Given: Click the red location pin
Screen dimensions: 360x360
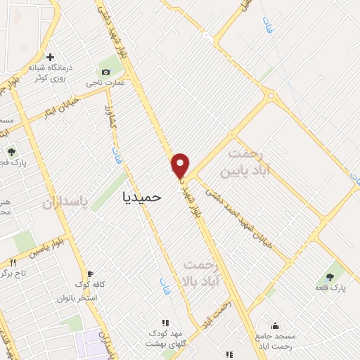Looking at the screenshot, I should click(181, 165).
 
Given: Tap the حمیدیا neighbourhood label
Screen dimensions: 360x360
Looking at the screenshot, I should click(142, 197).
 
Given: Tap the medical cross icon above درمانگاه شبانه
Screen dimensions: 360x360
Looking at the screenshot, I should click(50, 58).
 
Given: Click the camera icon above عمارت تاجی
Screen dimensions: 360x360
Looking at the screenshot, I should click(105, 72).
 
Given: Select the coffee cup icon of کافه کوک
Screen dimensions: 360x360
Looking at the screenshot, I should click(89, 274).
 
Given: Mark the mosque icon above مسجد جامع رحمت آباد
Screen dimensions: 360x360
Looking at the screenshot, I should click(274, 326).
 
